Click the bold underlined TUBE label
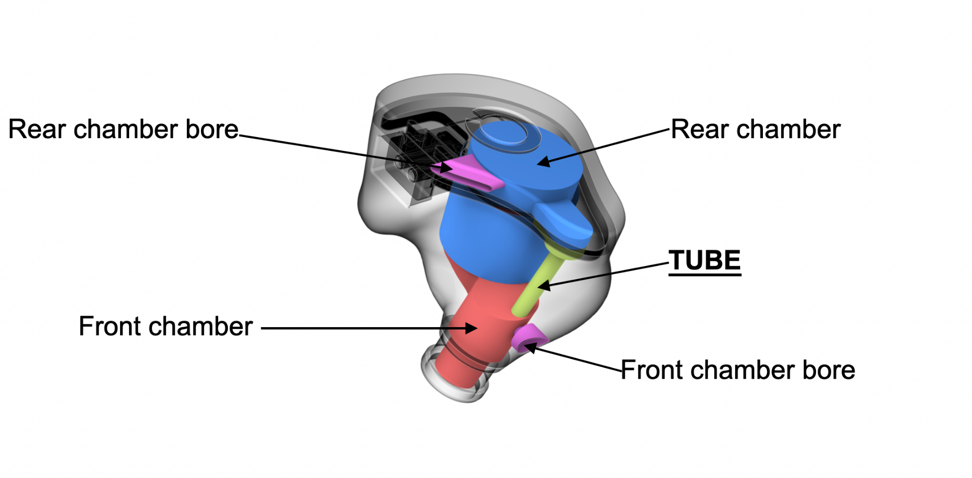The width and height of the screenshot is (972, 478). click(x=705, y=261)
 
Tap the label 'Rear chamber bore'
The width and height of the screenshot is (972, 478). click(x=123, y=130)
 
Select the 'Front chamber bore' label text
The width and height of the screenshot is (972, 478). click(x=738, y=370)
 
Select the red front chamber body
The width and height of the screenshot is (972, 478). click(x=471, y=324)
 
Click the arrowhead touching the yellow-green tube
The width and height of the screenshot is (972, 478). click(x=543, y=286)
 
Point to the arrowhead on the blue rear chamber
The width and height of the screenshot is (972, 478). click(x=543, y=162)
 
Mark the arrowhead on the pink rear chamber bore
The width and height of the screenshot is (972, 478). click(x=446, y=167)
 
